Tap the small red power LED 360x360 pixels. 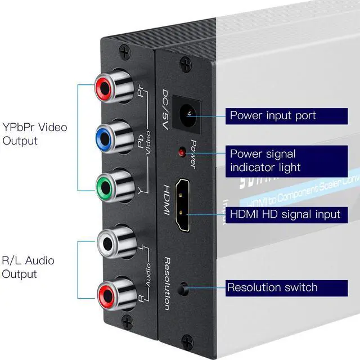point(182,152)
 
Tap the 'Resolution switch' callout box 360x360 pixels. point(280,287)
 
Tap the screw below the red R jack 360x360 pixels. point(127,321)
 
